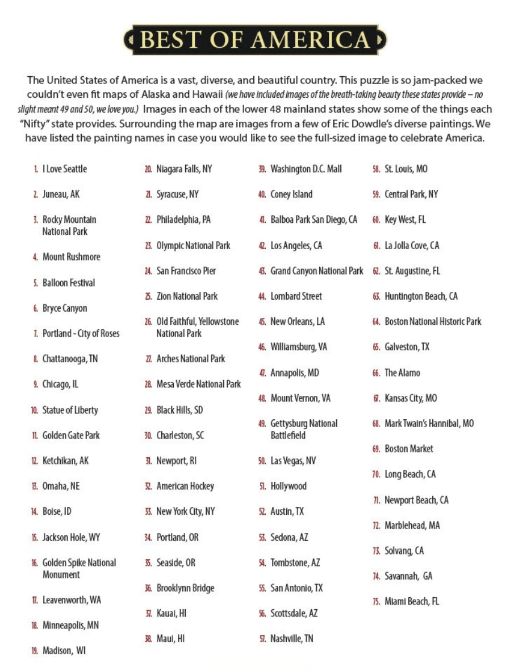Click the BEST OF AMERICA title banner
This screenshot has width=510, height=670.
pyautogui.click(x=255, y=40)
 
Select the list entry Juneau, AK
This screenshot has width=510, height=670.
pyautogui.click(x=61, y=194)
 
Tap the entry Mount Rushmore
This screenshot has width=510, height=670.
pyautogui.click(x=71, y=257)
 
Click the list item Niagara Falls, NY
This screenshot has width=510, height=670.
pyautogui.click(x=184, y=169)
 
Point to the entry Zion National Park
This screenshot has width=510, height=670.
pyautogui.click(x=187, y=296)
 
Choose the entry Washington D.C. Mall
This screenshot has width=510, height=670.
pyautogui.click(x=306, y=169)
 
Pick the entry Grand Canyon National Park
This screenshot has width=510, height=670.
pyautogui.click(x=316, y=271)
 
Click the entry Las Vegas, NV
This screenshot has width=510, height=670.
pyautogui.click(x=293, y=461)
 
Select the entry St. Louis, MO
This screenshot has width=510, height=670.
pyautogui.click(x=406, y=169)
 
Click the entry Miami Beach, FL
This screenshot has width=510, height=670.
pyautogui.click(x=412, y=601)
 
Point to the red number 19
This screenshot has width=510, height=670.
pyautogui.click(x=35, y=651)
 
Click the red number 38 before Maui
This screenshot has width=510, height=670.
pyautogui.click(x=148, y=639)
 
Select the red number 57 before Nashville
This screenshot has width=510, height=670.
pyautogui.click(x=262, y=639)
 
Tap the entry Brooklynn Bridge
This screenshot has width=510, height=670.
pyautogui.click(x=185, y=588)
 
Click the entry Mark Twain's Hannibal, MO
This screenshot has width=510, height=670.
pyautogui.click(x=429, y=423)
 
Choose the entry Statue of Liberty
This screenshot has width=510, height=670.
pyautogui.click(x=70, y=410)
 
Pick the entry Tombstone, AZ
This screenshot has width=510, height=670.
pyautogui.click(x=295, y=563)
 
